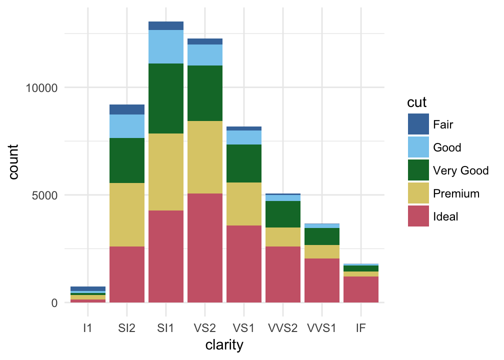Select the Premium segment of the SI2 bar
pyautogui.click(x=127, y=214)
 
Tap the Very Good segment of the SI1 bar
pyautogui.click(x=166, y=98)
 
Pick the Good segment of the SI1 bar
pyautogui.click(x=166, y=46)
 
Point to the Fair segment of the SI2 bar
pyautogui.click(x=127, y=109)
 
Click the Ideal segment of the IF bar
pyautogui.click(x=361, y=289)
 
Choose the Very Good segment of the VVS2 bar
pyautogui.click(x=283, y=214)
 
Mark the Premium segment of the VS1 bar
pyautogui.click(x=244, y=204)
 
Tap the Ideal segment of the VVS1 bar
pyautogui.click(x=322, y=280)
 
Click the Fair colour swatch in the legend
pyautogui.click(x=418, y=124)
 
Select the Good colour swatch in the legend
pyautogui.click(x=418, y=147)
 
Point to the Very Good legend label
pyautogui.click(x=460, y=170)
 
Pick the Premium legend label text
pyautogui.click(x=456, y=193)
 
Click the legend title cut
pyautogui.click(x=417, y=102)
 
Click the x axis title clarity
pyautogui.click(x=224, y=345)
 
